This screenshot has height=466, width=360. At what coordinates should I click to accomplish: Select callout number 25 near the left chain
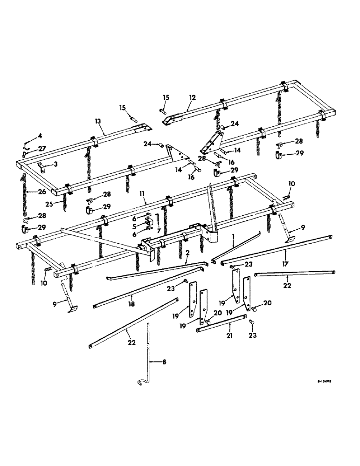click(x=62, y=204)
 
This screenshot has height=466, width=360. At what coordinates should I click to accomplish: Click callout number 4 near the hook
click(x=40, y=136)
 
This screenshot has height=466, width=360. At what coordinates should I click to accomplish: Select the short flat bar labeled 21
click(x=221, y=323)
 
